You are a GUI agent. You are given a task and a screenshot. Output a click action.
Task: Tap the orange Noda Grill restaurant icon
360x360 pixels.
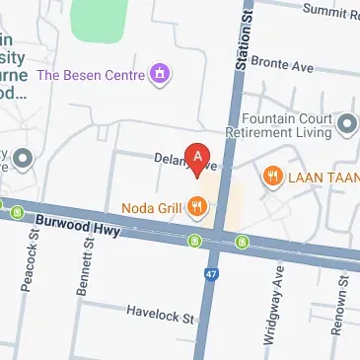tap(197, 206)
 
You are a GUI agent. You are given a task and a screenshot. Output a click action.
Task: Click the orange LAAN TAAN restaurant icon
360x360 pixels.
tap(271, 177)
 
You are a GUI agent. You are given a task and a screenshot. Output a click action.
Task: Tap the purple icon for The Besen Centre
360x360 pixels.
tap(159, 74)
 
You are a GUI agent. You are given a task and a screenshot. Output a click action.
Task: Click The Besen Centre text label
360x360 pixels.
tap(93, 74)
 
